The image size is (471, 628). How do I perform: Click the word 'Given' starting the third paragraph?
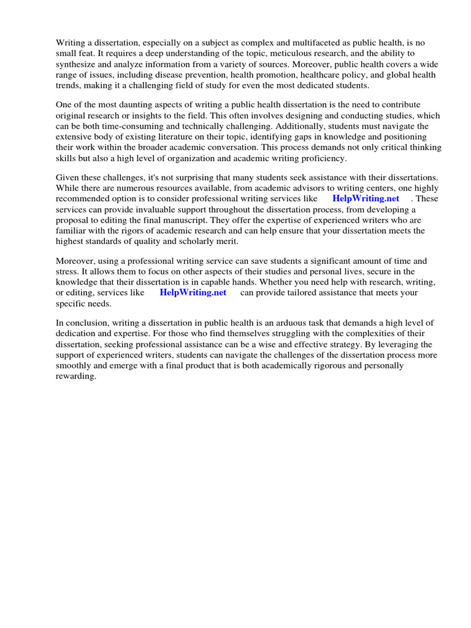click(x=68, y=177)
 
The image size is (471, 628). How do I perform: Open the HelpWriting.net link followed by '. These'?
click(x=366, y=199)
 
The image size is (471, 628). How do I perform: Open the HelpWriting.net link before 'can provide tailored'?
click(x=193, y=293)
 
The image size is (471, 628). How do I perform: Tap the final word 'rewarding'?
click(x=75, y=376)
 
